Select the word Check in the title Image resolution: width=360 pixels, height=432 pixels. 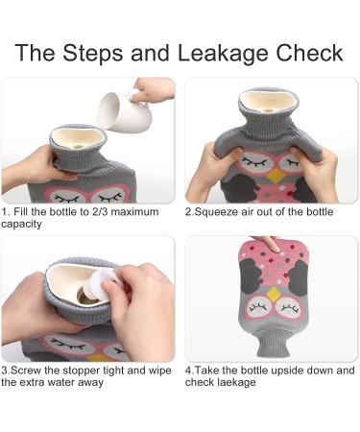point(308,52)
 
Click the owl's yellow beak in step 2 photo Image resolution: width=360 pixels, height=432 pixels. point(273,175)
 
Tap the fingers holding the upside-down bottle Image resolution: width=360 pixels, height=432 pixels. point(273,246)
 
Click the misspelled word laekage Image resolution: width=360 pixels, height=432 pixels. point(235,382)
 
